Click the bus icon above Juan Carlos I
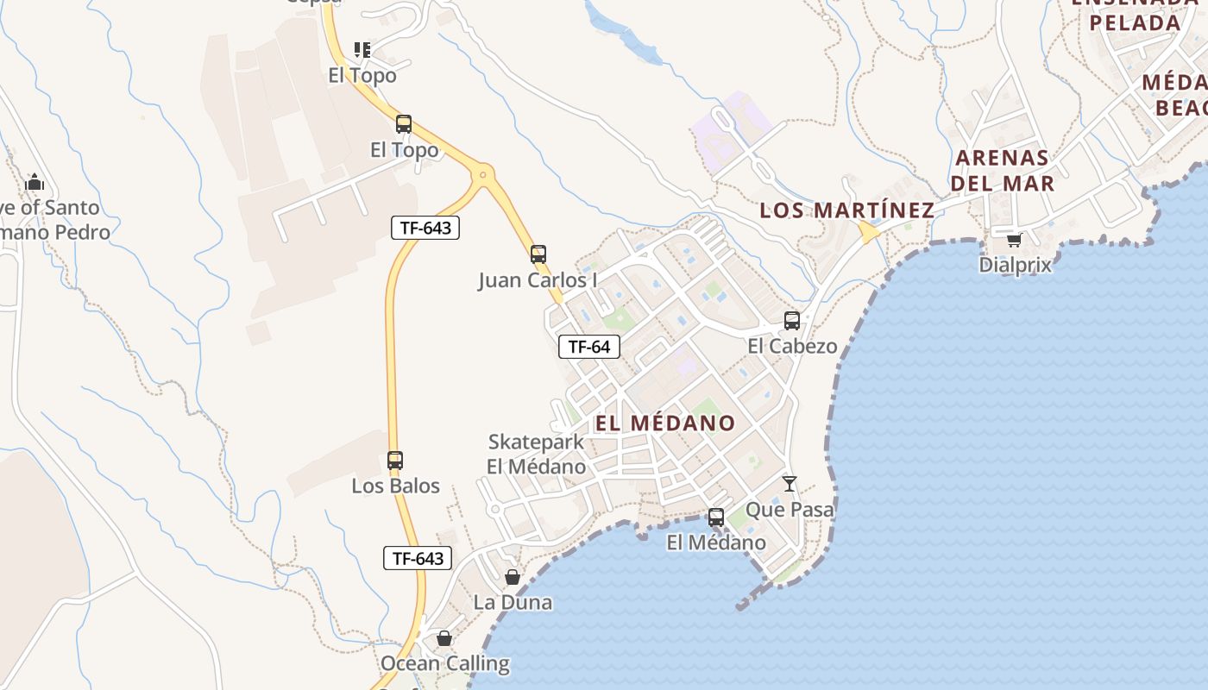[538, 254]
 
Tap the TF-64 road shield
[589, 347]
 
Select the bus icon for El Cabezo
[792, 321]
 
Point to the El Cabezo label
[792, 347]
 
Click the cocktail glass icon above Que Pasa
[790, 484]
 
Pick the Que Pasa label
[790, 510]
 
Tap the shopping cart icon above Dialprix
[1015, 239]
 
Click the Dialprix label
[1015, 265]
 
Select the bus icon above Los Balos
[395, 461]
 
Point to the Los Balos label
[395, 486]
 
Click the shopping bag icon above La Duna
[513, 577]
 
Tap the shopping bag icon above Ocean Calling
[444, 638]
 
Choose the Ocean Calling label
[444, 664]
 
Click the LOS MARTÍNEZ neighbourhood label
[846, 210]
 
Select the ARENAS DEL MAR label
[1002, 171]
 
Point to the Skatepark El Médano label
[536, 455]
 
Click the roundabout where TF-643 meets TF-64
[482, 175]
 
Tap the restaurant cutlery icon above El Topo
[362, 50]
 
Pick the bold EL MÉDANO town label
[664, 423]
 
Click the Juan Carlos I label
[538, 281]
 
